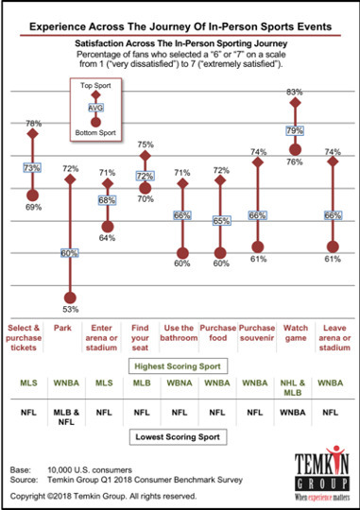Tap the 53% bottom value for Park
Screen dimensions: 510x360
pyautogui.click(x=69, y=308)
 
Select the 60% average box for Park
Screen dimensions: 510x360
pyautogui.click(x=69, y=253)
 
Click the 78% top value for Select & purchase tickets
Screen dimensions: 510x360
pyautogui.click(x=32, y=123)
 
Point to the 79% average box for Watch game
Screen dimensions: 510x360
pyautogui.click(x=294, y=129)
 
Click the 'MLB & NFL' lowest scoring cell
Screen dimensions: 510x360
pyautogui.click(x=69, y=416)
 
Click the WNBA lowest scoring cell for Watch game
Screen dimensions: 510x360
pyautogui.click(x=294, y=412)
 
